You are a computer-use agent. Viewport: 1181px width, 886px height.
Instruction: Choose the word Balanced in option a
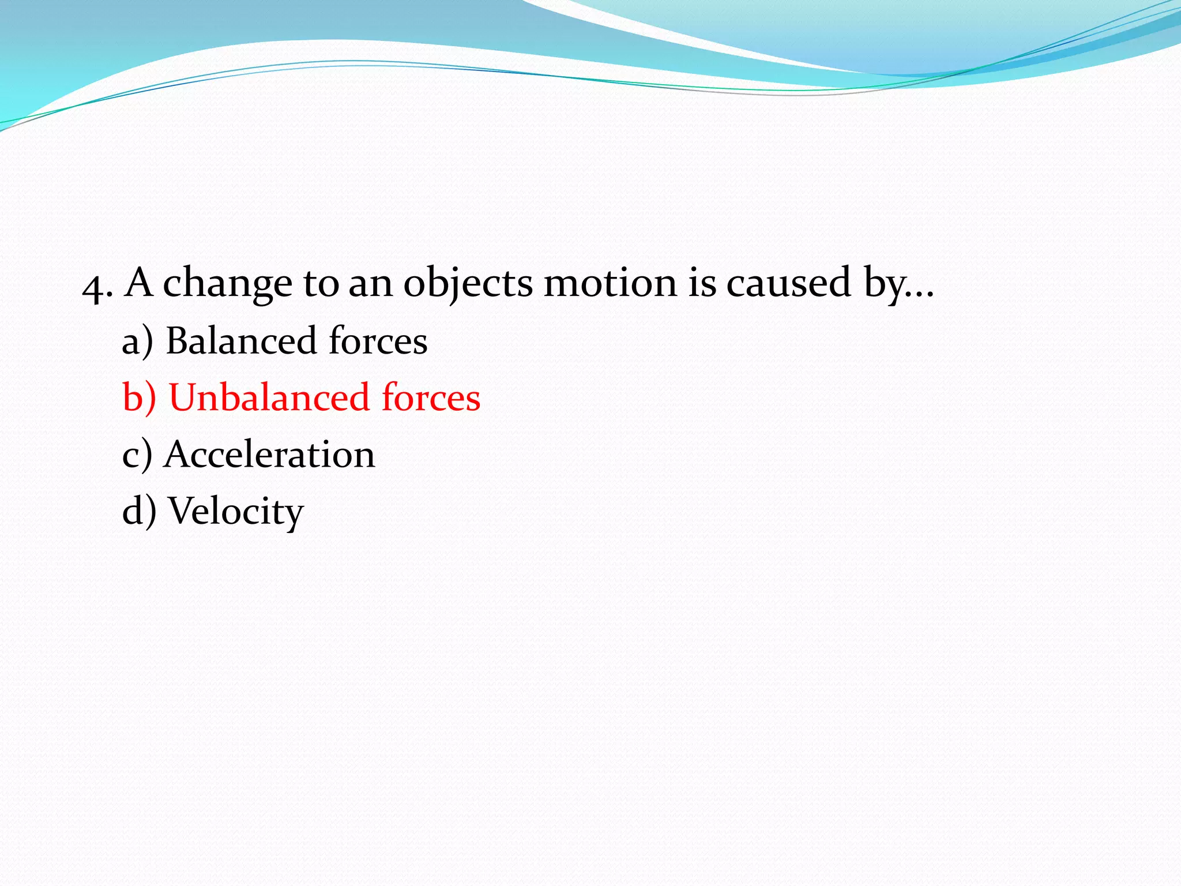(x=240, y=340)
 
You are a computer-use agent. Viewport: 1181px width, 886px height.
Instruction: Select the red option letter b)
(x=139, y=397)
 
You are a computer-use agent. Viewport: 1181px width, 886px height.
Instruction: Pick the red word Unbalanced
(x=269, y=397)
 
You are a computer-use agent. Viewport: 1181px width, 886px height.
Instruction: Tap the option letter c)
(x=137, y=455)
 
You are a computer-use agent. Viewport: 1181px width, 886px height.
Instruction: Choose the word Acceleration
(x=269, y=454)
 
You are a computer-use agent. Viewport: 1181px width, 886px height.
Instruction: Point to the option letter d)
(x=139, y=510)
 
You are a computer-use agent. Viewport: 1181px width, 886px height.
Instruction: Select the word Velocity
(x=236, y=511)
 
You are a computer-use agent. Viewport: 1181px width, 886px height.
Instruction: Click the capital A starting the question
(x=139, y=283)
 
